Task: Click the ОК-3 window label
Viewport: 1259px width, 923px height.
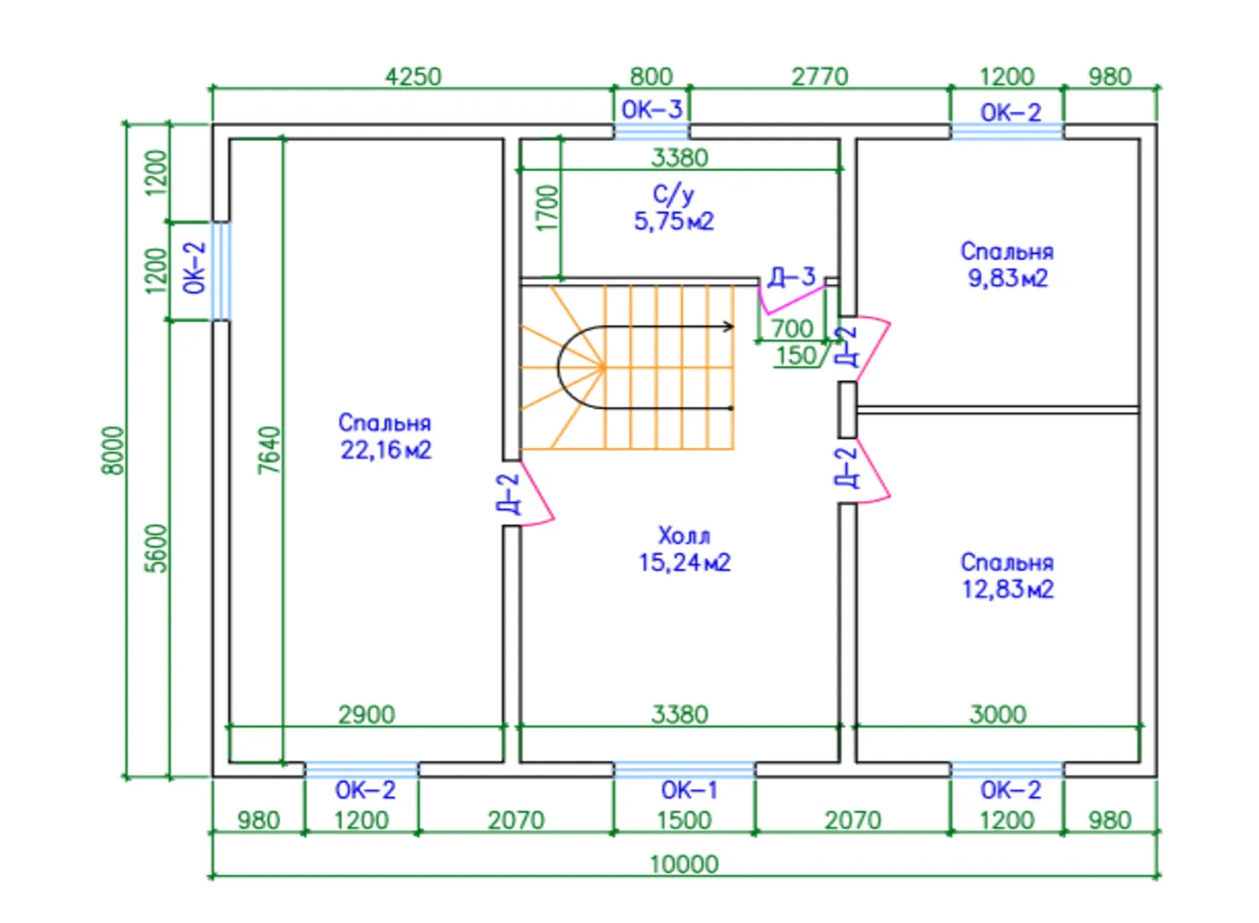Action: click(x=651, y=109)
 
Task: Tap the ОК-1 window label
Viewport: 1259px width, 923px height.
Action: click(x=689, y=791)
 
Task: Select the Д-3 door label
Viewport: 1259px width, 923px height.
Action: click(x=791, y=277)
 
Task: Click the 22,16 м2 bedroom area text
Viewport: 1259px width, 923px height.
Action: click(x=385, y=450)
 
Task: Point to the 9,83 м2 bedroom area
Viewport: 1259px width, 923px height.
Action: click(x=1007, y=279)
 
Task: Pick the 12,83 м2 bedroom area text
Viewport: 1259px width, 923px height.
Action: click(x=1007, y=590)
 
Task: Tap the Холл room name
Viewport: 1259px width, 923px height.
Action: click(x=684, y=536)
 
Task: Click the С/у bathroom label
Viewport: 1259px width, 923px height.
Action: click(x=674, y=195)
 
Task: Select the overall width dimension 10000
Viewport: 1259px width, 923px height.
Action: click(x=684, y=864)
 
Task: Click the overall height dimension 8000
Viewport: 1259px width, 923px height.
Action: click(x=113, y=450)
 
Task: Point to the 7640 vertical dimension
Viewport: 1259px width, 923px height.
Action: click(x=269, y=450)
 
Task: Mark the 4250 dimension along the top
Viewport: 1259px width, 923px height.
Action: click(x=413, y=77)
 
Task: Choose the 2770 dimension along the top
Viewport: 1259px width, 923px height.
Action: click(x=820, y=77)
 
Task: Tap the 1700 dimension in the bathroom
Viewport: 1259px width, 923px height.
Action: click(x=548, y=208)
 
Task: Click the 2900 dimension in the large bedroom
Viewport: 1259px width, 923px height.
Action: click(x=366, y=714)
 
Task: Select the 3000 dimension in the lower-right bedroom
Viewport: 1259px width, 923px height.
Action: click(x=997, y=714)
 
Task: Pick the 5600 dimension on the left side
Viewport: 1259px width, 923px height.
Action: click(x=157, y=548)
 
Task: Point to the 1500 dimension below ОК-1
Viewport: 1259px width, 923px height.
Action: click(x=684, y=820)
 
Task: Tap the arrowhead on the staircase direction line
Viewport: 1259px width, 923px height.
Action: click(x=729, y=326)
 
